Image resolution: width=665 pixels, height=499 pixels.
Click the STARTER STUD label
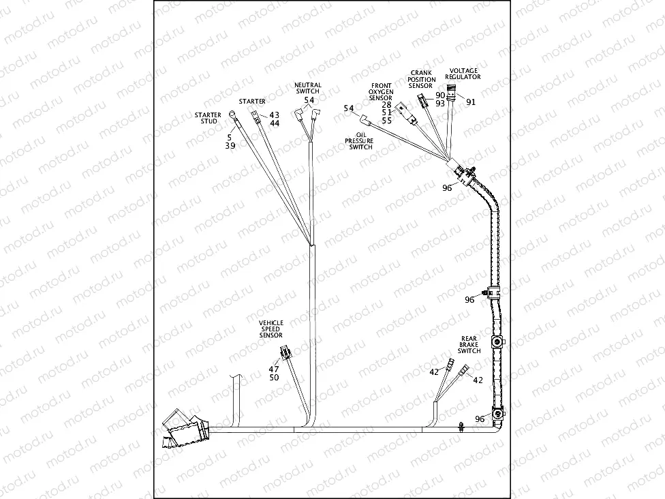(208, 118)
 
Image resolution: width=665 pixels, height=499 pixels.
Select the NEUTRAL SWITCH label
(307, 88)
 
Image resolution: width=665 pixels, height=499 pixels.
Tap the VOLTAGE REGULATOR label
(463, 74)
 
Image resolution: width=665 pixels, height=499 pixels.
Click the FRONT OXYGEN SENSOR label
(380, 91)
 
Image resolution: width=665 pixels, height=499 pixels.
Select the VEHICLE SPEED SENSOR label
(271, 329)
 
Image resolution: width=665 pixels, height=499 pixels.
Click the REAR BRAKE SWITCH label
(469, 344)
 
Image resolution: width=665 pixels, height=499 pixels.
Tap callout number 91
(471, 102)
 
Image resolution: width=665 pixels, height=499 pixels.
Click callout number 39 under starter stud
(230, 146)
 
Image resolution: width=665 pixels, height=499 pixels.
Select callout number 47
(274, 369)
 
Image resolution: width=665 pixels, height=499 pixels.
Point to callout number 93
(440, 104)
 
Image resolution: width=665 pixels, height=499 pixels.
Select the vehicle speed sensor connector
(284, 354)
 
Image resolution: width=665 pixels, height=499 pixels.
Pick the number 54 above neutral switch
(309, 100)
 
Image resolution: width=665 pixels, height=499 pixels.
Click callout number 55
(386, 121)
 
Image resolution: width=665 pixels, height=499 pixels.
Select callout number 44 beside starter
(275, 123)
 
